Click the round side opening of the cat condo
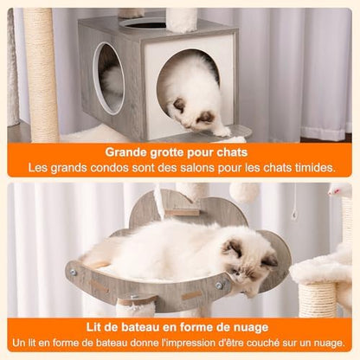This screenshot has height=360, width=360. click(x=108, y=79)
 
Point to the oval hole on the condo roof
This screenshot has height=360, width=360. click(x=143, y=24)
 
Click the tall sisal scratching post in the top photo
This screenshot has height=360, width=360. click(x=41, y=75)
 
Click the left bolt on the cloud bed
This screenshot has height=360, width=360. click(x=72, y=272)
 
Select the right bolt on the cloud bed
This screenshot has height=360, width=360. click(x=219, y=286)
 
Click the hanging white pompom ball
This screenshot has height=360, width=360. click(x=245, y=192)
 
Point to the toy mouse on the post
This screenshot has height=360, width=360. click(x=340, y=190)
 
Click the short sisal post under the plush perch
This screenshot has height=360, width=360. click(x=318, y=300)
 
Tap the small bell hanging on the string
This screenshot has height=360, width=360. click(x=293, y=215)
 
